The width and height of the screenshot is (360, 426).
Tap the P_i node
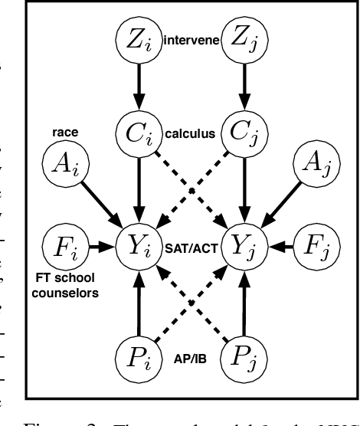pyautogui.click(x=138, y=358)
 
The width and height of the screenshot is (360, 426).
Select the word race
pyautogui.click(x=63, y=131)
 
